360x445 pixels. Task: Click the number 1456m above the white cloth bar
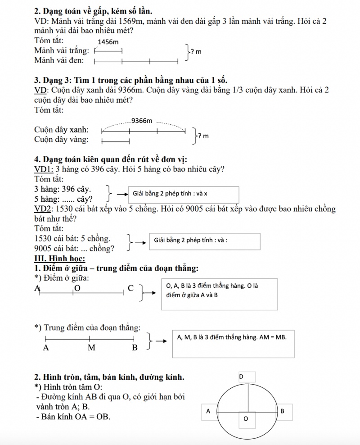(x=108, y=42)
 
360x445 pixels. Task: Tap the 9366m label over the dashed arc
(x=142, y=121)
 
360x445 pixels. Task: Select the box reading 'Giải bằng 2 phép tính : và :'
(x=207, y=241)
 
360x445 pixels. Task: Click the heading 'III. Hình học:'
(x=60, y=259)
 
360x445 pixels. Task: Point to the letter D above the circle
(x=241, y=376)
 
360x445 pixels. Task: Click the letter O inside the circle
(x=246, y=419)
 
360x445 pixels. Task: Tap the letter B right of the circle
(x=282, y=411)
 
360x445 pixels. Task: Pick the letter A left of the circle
(x=208, y=411)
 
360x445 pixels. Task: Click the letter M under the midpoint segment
(x=91, y=348)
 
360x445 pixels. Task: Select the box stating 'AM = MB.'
(x=233, y=344)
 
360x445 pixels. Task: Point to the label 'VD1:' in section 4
(x=44, y=169)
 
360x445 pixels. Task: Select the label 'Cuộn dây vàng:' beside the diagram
(x=61, y=140)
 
